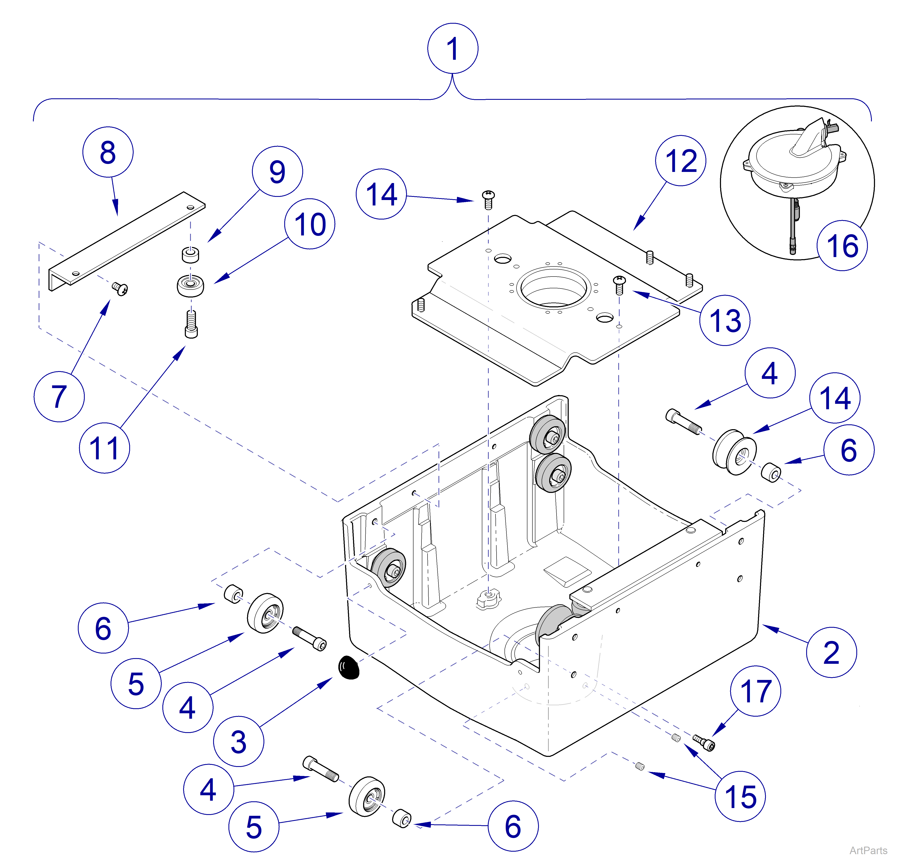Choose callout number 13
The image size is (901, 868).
(x=725, y=320)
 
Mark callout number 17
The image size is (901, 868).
(x=755, y=691)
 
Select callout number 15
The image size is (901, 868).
(x=740, y=796)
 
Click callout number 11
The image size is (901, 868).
(x=104, y=448)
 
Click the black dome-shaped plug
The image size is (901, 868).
(x=348, y=667)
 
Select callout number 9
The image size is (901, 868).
(x=277, y=171)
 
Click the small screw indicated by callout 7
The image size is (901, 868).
(x=120, y=288)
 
